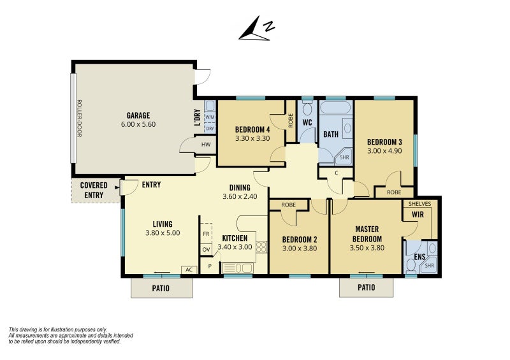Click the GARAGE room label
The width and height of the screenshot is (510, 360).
pyautogui.click(x=138, y=115)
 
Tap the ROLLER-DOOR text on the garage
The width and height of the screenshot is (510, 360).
pyautogui.click(x=79, y=118)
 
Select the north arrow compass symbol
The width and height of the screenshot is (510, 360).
pyautogui.click(x=256, y=29)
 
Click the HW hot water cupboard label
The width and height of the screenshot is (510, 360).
pyautogui.click(x=206, y=145)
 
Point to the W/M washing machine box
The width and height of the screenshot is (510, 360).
pyautogui.click(x=210, y=117)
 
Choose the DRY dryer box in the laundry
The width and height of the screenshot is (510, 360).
pyautogui.click(x=210, y=128)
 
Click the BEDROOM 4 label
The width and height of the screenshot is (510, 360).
pyautogui.click(x=252, y=130)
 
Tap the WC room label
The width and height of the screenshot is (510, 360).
pyautogui.click(x=307, y=122)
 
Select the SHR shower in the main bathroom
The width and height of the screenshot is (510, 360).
pyautogui.click(x=344, y=157)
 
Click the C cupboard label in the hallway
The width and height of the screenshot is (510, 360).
pyautogui.click(x=337, y=173)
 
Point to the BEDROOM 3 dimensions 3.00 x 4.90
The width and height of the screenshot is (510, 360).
pyautogui.click(x=384, y=151)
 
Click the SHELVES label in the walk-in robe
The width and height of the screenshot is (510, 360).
pyautogui.click(x=419, y=204)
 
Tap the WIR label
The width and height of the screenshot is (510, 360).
pyautogui.click(x=418, y=215)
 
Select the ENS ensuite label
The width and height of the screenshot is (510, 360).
pyautogui.click(x=419, y=257)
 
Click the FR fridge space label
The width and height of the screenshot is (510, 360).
pyautogui.click(x=206, y=234)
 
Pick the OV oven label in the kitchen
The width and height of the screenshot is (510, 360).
pyautogui.click(x=206, y=250)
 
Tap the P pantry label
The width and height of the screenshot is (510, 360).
pyautogui.click(x=210, y=266)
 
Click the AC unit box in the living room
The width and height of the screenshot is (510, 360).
pyautogui.click(x=189, y=270)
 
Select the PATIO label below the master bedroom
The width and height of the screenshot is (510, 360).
pyautogui.click(x=366, y=287)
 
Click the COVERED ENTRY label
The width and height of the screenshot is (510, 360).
pyautogui.click(x=94, y=191)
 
